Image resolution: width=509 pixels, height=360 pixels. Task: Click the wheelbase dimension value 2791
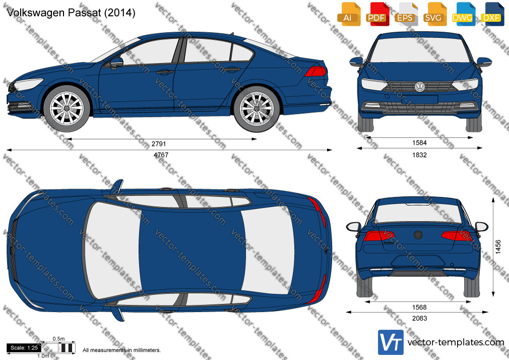tap(158, 144)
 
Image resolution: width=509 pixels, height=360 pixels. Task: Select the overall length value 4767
tap(161, 155)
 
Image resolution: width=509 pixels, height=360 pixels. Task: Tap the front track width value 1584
tap(419, 143)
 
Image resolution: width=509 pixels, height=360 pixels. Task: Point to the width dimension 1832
tap(419, 155)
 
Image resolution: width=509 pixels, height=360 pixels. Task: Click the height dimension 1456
tap(498, 247)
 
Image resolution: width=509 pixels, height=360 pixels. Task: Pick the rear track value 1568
tap(419, 308)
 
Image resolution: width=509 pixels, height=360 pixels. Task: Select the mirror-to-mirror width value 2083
tap(419, 319)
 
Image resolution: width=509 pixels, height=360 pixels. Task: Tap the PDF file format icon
tap(376, 14)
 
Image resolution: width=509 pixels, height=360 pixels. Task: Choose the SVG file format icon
tap(434, 14)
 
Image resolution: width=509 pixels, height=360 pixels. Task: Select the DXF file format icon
tap(492, 14)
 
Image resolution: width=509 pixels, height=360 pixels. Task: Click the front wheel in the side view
tap(67, 108)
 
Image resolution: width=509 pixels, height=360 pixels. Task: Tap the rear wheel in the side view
tap(257, 108)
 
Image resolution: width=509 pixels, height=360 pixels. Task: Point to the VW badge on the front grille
tap(419, 87)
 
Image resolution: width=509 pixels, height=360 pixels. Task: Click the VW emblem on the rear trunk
tap(418, 235)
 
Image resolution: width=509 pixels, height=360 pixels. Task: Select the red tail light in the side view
tap(315, 71)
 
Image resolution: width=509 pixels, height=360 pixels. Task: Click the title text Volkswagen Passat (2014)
tap(71, 13)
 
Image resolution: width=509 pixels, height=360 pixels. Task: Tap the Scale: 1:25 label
tap(24, 348)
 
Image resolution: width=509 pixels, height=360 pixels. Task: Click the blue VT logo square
tap(391, 342)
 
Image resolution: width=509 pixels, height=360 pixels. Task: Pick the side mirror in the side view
tap(116, 63)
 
